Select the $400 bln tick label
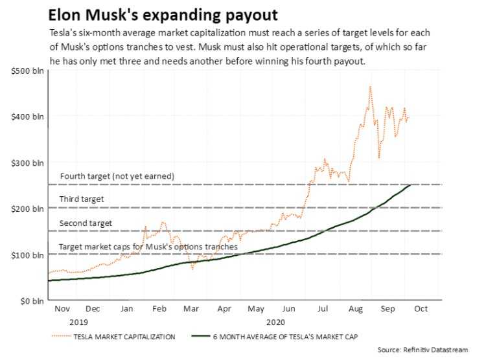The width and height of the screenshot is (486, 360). point(27,117)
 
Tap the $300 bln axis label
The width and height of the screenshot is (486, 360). point(27,163)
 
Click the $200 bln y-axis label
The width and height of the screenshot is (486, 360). point(27,208)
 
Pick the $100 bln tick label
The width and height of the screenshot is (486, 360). point(27,255)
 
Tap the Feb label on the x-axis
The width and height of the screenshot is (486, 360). point(159,309)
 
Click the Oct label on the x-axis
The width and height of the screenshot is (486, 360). point(421,309)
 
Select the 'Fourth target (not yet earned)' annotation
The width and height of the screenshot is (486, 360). point(117,177)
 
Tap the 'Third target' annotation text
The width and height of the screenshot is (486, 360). point(81,199)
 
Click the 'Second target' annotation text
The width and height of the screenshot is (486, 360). point(86,223)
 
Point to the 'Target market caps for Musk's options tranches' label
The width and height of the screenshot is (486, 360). point(148,247)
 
